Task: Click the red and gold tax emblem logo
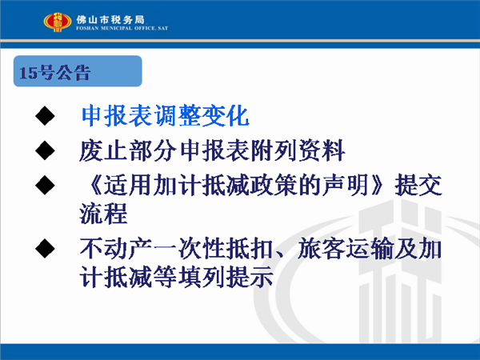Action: [x=58, y=22]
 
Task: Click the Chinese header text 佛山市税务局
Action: [x=110, y=19]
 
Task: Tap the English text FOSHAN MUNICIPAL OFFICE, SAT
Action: [x=122, y=28]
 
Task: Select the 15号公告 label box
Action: [x=78, y=71]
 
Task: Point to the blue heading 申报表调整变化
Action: [x=166, y=116]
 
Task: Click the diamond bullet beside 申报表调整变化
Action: [x=45, y=116]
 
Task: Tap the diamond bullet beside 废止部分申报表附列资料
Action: [x=45, y=150]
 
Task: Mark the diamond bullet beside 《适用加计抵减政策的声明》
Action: [x=45, y=185]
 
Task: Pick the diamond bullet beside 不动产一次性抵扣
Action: [x=45, y=248]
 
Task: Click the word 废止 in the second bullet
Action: [x=103, y=150]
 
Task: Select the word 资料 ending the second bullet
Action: [x=322, y=150]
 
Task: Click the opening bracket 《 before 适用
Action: [x=93, y=185]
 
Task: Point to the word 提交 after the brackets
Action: [x=418, y=185]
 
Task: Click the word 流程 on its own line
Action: [x=103, y=214]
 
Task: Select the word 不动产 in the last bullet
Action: [x=116, y=248]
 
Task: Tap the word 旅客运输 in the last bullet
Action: [x=346, y=248]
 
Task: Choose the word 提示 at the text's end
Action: [x=250, y=277]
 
